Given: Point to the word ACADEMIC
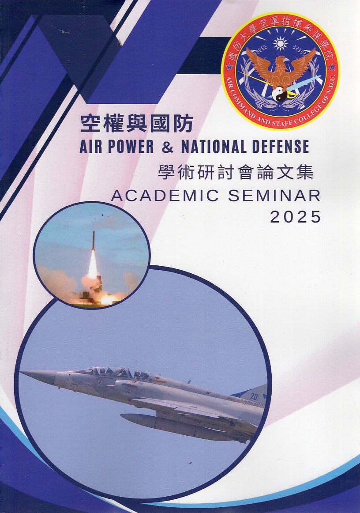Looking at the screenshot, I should tap(165, 196).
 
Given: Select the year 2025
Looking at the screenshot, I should tap(296, 217).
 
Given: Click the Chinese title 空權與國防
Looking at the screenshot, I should tap(136, 124).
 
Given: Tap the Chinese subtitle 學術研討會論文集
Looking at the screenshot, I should tap(235, 172).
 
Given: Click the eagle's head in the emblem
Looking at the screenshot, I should tap(281, 60).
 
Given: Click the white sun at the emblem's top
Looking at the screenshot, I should tap(280, 43).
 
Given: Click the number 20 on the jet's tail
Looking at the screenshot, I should tap(253, 396).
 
